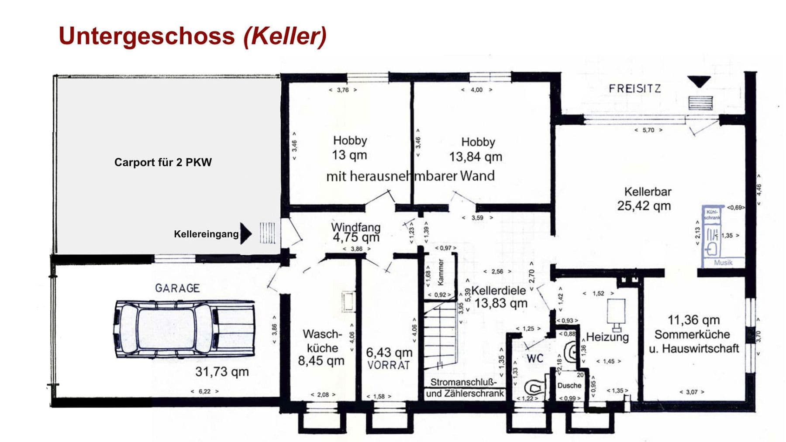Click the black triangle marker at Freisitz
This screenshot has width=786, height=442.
699,81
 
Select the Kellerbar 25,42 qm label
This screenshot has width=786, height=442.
645,199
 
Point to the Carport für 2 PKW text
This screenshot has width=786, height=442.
163,162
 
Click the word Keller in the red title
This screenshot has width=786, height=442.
285,36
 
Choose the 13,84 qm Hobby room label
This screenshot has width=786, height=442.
477,150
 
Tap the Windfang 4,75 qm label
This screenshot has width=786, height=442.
355,233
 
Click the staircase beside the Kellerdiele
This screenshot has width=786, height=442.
440,336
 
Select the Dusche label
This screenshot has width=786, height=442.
569,385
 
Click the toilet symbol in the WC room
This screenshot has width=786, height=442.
535,387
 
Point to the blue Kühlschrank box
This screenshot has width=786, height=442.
712,214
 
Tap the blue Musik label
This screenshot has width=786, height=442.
723,263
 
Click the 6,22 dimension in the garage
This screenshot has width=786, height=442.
204,391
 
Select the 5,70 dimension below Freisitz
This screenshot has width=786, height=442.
648,130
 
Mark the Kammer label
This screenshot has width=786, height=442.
441,272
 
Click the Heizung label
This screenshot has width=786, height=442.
607,337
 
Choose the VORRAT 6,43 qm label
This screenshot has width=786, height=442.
389,358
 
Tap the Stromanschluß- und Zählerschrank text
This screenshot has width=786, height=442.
464,388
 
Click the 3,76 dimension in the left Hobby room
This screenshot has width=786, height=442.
343,90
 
